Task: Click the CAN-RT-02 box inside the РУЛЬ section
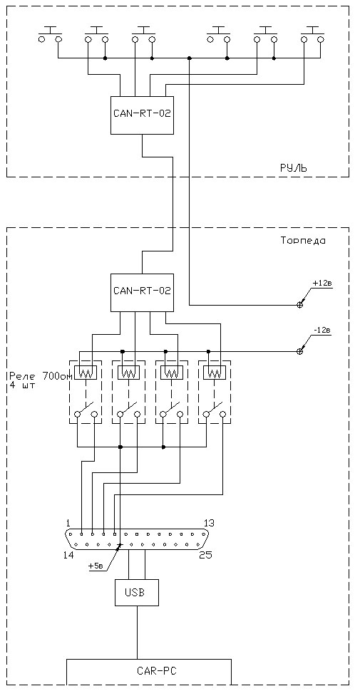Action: [x=142, y=115]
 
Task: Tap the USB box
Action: [x=136, y=593]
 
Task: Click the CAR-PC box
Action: [x=149, y=672]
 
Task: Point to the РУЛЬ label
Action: [x=293, y=168]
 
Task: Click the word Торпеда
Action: [x=302, y=241]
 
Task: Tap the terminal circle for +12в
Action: [x=299, y=305]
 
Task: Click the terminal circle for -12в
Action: [x=299, y=351]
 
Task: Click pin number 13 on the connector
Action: [x=209, y=523]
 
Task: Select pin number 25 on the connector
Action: [x=205, y=554]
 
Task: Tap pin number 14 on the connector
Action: [x=69, y=554]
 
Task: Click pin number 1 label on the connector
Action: [x=68, y=523]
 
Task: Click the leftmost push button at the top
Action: [x=50, y=35]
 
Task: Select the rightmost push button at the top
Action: [x=312, y=35]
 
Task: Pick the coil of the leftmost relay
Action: [x=86, y=374]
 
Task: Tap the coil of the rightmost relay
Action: [x=215, y=374]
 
